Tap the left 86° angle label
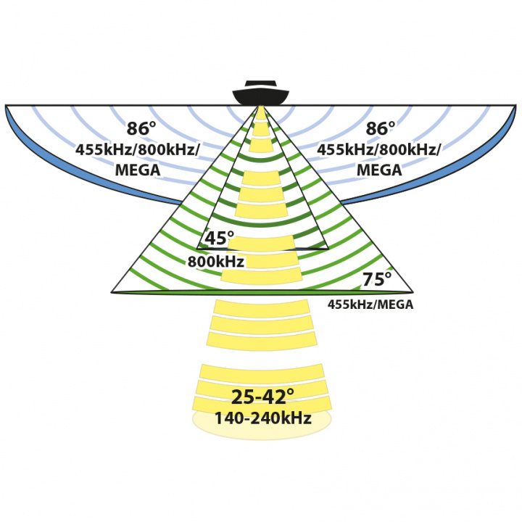141,129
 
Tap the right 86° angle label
381,129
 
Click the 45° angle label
219,239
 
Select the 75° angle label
376,279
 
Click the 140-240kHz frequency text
262,418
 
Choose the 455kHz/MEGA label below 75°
370,304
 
